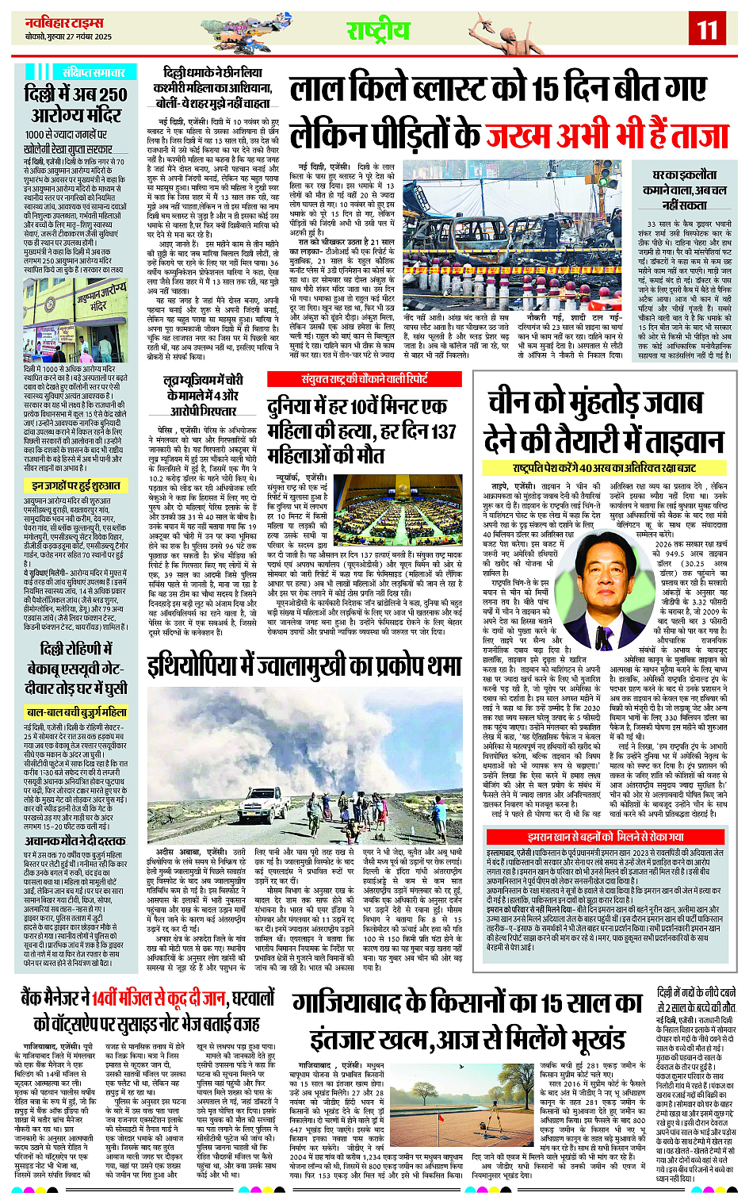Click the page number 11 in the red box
pyautogui.click(x=708, y=31)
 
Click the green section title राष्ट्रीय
pyautogui.click(x=378, y=31)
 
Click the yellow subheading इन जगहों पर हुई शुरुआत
pyautogui.click(x=76, y=485)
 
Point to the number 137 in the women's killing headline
pyautogui.click(x=440, y=431)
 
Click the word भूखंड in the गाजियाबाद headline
pyautogui.click(x=590, y=1038)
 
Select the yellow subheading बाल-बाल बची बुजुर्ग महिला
pyautogui.click(x=76, y=712)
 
